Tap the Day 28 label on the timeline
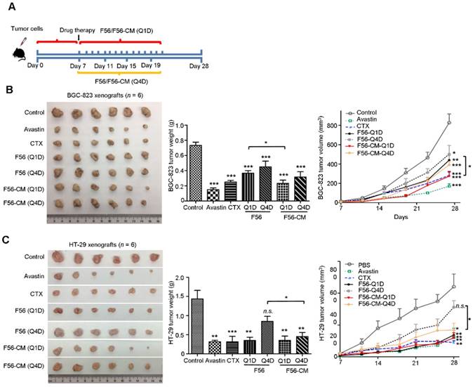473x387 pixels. [x=199, y=65]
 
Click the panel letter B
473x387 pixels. [x=10, y=91]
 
